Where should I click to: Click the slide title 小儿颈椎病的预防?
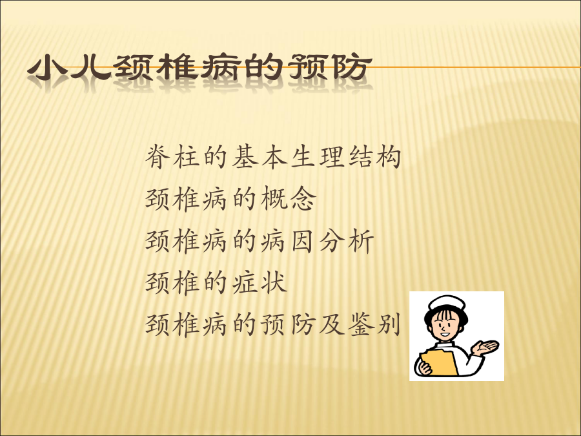[199, 67]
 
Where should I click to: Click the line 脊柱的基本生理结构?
[273, 157]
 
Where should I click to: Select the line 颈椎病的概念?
[231, 199]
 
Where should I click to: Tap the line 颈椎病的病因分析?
[260, 241]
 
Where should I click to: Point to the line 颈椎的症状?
[216, 282]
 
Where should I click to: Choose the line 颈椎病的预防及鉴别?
[273, 325]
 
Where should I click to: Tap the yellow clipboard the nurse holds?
[439, 362]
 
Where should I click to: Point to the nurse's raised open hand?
[485, 348]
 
